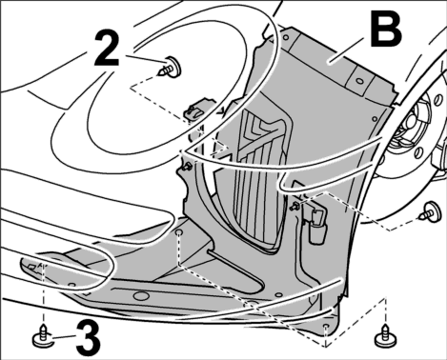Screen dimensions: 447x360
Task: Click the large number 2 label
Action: point(107,50)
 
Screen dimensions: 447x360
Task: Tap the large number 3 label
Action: point(89,339)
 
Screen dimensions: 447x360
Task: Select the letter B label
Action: point(386,29)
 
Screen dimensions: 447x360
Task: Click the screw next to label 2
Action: point(171,68)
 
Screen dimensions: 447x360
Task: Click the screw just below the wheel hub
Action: point(431,211)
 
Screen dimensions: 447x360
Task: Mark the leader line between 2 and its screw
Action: point(146,59)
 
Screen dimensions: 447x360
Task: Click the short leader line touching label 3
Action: point(64,338)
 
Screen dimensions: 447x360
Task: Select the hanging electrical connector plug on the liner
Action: point(316,226)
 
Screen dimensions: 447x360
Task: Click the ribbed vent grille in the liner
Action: point(260,181)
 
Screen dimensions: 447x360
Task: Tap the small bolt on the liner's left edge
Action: point(186,167)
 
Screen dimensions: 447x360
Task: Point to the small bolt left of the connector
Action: point(295,207)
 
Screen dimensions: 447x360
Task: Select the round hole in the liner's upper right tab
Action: point(359,81)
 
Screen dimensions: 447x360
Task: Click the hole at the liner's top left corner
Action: point(286,38)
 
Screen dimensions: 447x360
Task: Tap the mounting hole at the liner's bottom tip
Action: point(325,327)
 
